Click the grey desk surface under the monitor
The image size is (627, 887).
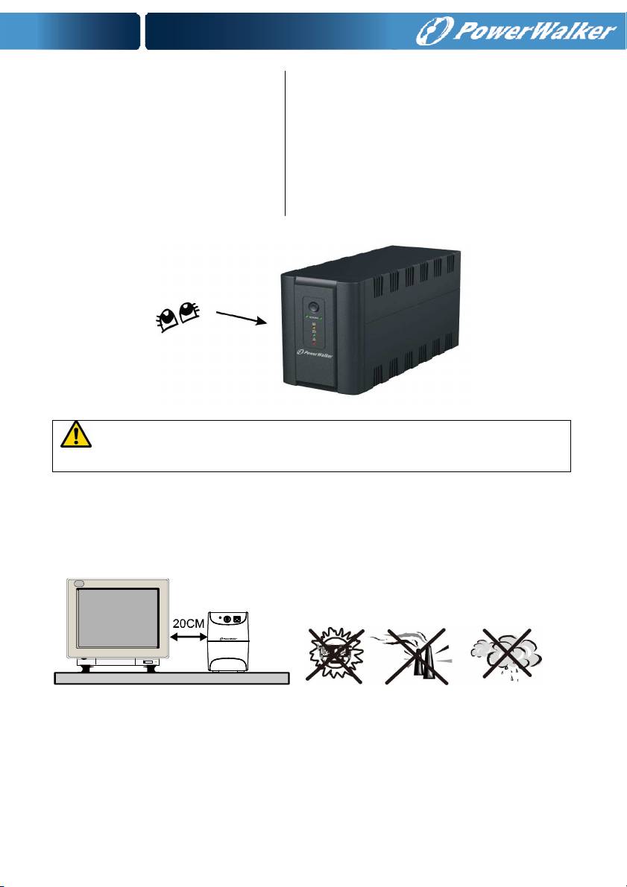171,678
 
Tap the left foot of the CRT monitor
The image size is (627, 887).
86,669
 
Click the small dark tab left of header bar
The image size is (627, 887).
70,31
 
